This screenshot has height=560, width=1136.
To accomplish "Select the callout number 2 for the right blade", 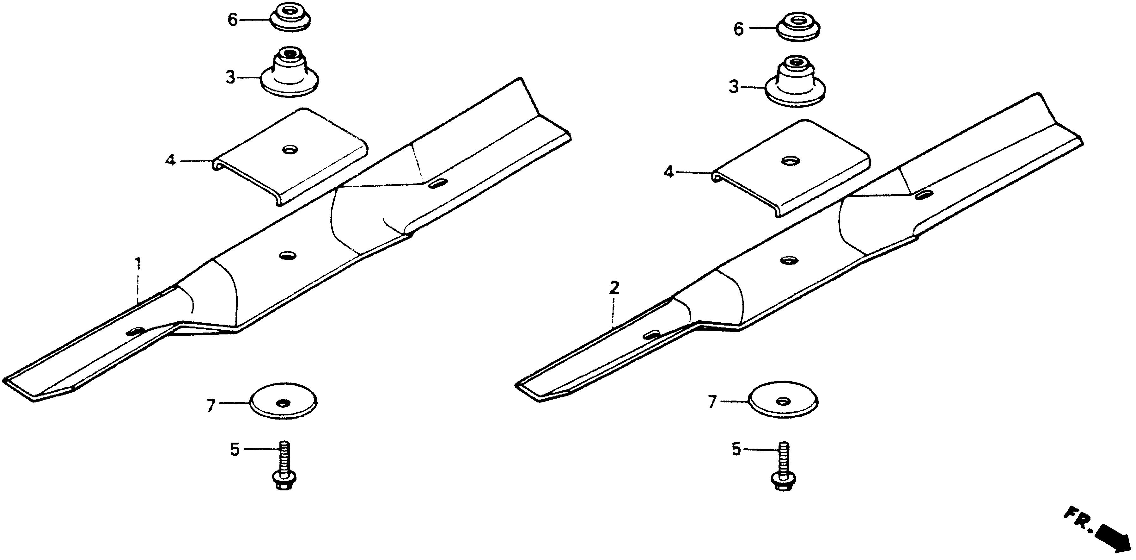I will (614, 288).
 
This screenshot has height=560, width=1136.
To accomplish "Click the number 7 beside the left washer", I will (211, 405).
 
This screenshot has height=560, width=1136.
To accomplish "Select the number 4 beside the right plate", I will (669, 172).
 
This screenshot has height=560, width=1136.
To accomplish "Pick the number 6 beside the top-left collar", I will (232, 20).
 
